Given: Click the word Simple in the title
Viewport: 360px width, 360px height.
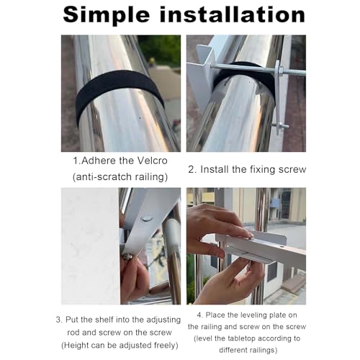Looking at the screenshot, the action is click(107, 16).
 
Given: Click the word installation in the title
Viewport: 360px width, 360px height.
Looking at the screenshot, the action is click(233, 14).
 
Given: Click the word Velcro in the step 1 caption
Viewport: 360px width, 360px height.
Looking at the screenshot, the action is click(153, 161).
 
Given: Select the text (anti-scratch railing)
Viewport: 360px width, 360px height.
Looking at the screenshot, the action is click(120, 177).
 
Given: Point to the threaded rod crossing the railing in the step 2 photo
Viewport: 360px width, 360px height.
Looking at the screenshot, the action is click(258, 69).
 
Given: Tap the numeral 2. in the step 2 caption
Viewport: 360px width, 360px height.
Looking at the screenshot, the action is click(192, 169).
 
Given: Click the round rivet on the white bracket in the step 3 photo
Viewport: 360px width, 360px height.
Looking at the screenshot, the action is click(147, 218).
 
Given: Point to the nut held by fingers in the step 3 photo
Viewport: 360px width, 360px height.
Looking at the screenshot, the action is click(127, 257).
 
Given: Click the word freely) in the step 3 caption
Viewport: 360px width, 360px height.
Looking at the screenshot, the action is click(166, 346).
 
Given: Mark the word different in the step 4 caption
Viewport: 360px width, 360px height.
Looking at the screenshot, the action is click(233, 350).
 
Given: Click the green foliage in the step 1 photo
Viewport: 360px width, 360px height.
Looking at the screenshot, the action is click(161, 49).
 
